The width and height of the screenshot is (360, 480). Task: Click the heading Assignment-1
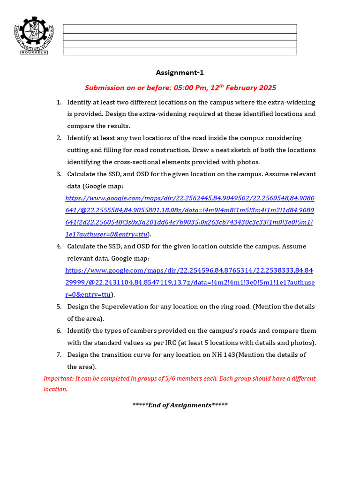click(x=180, y=73)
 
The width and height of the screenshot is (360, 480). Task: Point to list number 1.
click(x=59, y=102)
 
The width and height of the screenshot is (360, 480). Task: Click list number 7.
click(x=59, y=354)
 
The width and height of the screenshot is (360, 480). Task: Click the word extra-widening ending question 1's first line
click(x=291, y=102)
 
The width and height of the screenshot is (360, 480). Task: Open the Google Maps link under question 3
click(x=189, y=210)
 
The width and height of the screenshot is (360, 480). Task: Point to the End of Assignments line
click(x=180, y=405)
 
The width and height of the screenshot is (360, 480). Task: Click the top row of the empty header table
click(x=180, y=29)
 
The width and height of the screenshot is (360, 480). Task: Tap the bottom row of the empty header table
click(x=180, y=52)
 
